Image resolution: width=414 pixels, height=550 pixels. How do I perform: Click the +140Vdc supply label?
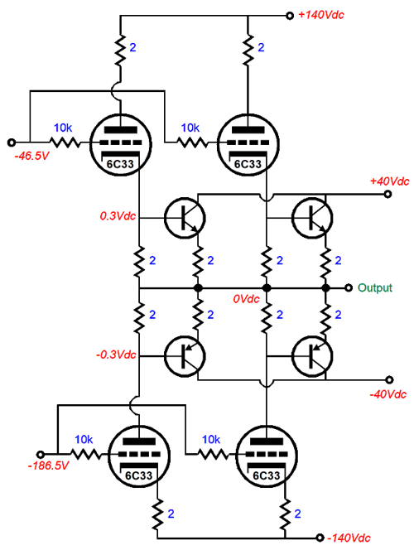(x=320, y=15)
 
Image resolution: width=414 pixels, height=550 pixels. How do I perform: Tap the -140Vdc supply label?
(x=349, y=538)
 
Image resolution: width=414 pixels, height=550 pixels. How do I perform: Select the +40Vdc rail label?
(x=389, y=181)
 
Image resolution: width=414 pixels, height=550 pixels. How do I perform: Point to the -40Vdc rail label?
(x=388, y=394)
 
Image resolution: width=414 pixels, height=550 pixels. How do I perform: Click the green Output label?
(x=375, y=287)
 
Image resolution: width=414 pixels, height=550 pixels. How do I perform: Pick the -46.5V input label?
(x=31, y=156)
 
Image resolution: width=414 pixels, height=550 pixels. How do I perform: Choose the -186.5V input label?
(x=48, y=466)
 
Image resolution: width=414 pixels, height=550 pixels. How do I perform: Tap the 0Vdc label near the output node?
(x=246, y=299)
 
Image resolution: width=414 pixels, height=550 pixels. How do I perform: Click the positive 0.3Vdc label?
(x=118, y=216)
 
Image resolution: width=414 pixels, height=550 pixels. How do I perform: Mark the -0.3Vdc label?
(x=116, y=355)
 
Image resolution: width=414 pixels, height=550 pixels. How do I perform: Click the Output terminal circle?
(x=348, y=287)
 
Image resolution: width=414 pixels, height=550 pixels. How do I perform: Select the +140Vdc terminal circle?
(x=290, y=16)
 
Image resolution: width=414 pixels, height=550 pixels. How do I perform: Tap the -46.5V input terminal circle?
(x=12, y=142)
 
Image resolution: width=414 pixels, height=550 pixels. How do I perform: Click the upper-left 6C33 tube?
(x=121, y=144)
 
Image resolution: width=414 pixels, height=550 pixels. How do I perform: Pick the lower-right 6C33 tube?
(x=267, y=456)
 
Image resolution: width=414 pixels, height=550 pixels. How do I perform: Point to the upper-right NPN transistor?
(x=311, y=218)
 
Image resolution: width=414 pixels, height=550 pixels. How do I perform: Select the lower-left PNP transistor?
(x=185, y=356)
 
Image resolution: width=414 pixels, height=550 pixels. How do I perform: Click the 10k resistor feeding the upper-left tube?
(x=65, y=142)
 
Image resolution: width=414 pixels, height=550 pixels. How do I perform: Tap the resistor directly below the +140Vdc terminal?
(x=248, y=50)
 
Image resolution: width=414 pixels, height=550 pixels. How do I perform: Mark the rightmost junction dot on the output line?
(x=325, y=288)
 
